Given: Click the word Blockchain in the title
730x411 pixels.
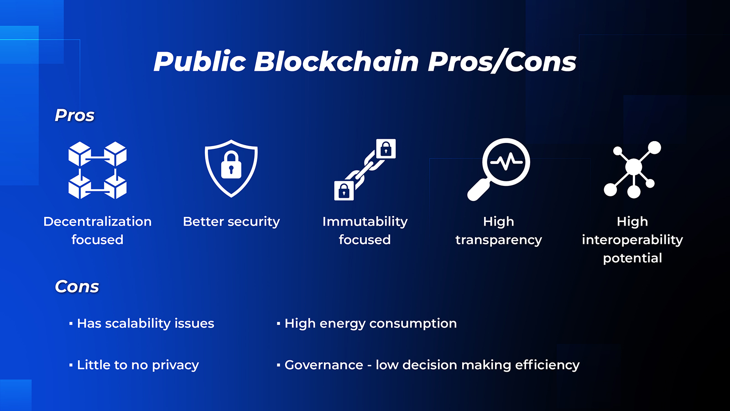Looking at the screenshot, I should tap(336, 62).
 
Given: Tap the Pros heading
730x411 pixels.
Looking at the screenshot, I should tap(74, 116).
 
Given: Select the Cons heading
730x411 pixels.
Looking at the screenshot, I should tap(77, 287).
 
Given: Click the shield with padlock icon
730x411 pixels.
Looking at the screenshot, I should tap(231, 168).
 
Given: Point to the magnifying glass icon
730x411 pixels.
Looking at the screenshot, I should tap(499, 169).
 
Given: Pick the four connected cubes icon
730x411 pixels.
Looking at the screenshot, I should tap(98, 170).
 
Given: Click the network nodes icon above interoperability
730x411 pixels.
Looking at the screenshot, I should tap(632, 169).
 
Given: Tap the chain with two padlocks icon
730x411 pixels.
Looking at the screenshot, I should tap(365, 169).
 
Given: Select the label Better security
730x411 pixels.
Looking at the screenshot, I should tap(231, 221).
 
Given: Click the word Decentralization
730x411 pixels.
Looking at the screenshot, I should tap(98, 221).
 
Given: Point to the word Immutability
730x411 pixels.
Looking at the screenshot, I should tap(365, 221).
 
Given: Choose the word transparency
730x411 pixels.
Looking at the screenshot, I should tap(499, 240).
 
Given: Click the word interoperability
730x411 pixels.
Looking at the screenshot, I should tap(632, 240).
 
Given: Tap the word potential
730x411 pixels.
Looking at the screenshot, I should tap(632, 258).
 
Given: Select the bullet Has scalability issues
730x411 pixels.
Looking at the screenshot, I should tap(146, 323).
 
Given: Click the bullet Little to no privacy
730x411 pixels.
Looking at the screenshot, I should tap(138, 365).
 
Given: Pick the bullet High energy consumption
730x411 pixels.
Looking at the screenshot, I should tap(370, 323).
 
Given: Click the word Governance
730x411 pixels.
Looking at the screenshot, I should tap(324, 365).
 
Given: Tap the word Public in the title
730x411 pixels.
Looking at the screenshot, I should tap(200, 62).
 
